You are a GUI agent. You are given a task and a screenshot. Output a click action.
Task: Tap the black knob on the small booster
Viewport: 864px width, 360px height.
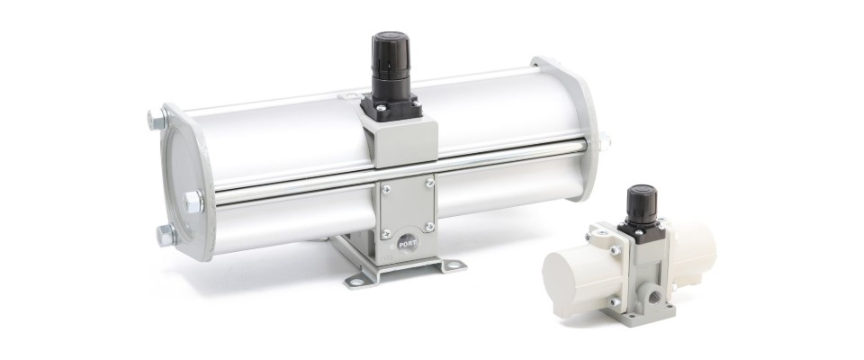click(642, 204)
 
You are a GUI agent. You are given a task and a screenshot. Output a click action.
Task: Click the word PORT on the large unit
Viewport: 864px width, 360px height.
click(408, 243)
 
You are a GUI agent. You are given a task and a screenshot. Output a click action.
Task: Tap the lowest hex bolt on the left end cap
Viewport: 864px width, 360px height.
click(166, 236)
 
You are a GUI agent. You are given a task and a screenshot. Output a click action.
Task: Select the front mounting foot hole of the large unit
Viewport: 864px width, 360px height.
click(356, 283)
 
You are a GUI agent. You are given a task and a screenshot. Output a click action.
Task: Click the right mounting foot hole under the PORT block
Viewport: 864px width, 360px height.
click(453, 265)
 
